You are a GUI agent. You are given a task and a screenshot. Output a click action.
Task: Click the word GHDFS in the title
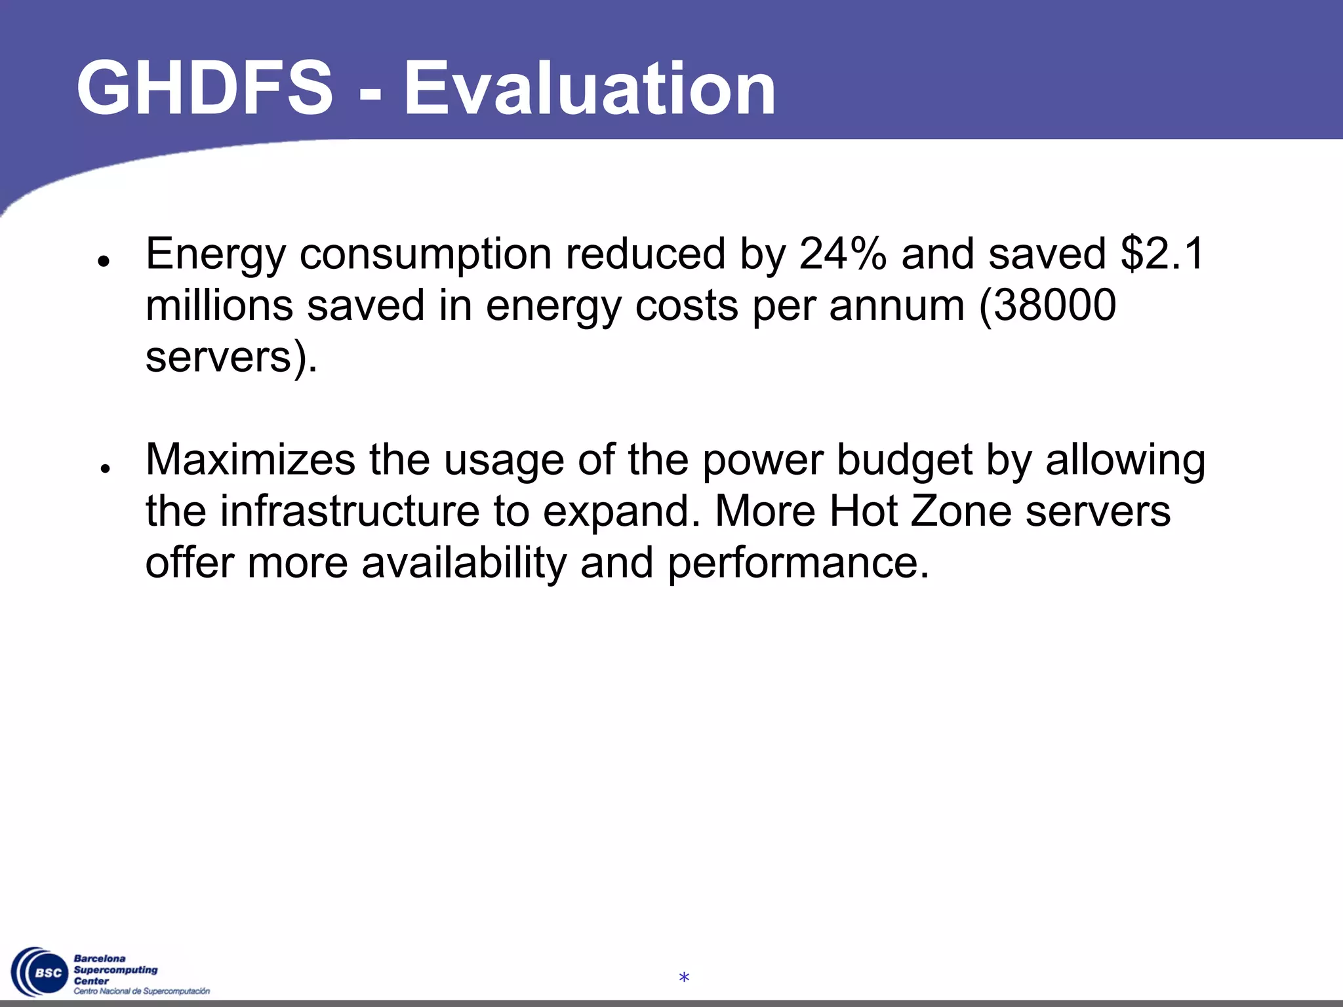coord(205,88)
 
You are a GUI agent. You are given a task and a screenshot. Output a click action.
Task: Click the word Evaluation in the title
coord(590,88)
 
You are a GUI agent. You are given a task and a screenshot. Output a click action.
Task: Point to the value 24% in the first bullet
coord(843,254)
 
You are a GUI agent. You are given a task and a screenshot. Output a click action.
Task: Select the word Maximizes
coord(251,460)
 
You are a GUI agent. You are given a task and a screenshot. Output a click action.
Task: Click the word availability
coord(464,563)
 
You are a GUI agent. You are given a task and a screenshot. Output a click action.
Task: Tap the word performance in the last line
coord(798,564)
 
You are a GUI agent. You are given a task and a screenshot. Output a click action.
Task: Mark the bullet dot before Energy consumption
coord(102,261)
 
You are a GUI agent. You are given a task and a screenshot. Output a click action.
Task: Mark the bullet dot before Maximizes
coord(104,467)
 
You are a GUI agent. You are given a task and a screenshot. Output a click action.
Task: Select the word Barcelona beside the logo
coord(100,958)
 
